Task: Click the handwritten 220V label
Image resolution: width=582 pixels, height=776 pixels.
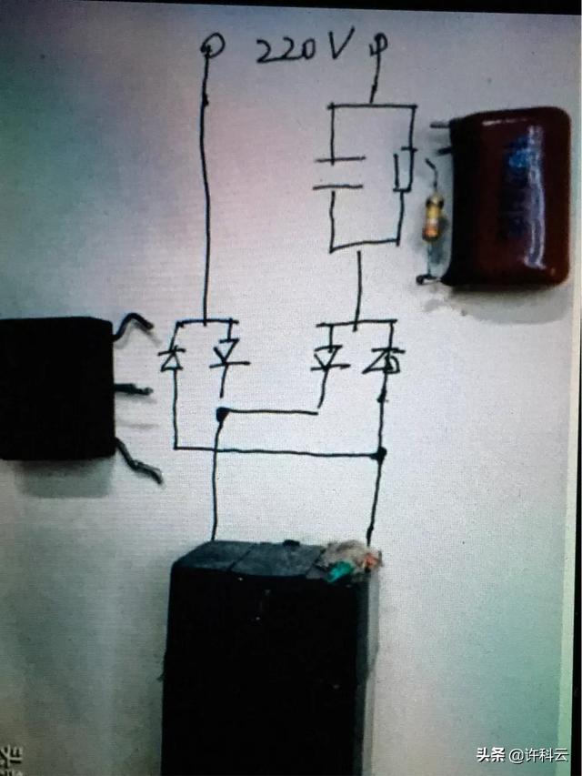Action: (x=306, y=46)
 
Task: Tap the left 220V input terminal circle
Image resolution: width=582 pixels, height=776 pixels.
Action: (x=212, y=45)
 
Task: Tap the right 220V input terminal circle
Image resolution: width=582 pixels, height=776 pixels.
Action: (x=380, y=43)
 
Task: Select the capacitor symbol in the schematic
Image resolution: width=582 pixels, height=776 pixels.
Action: (x=339, y=173)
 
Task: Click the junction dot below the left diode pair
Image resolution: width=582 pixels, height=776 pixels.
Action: (x=222, y=413)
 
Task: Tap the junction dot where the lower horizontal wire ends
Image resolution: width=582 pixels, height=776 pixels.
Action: (x=379, y=454)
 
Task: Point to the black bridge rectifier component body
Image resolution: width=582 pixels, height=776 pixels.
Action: (x=56, y=388)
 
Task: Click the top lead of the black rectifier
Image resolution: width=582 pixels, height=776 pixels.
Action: (x=133, y=325)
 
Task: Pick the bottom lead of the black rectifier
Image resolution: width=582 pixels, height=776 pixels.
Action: (x=138, y=460)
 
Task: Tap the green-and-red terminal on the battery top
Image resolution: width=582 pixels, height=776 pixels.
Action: (x=351, y=560)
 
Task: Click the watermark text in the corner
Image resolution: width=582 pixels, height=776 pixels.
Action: (x=522, y=755)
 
